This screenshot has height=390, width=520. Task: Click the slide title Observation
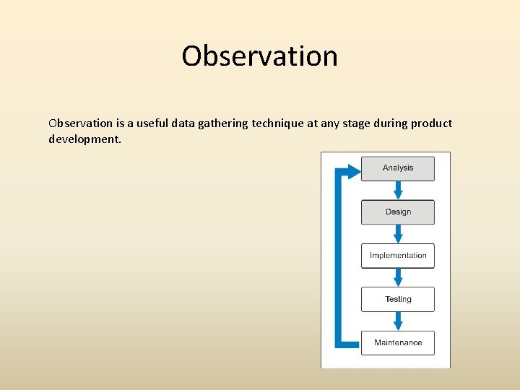pos(259,56)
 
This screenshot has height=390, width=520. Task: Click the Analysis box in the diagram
pos(398,168)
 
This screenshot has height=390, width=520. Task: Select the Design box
pos(398,212)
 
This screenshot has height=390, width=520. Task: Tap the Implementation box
pos(398,256)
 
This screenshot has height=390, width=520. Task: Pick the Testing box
pos(398,299)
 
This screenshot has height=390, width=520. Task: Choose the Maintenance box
pos(398,342)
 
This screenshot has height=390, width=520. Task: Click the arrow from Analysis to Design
pos(398,190)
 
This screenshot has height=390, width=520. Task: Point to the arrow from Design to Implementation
pos(398,234)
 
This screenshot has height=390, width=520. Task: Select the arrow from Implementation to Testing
pos(398,277)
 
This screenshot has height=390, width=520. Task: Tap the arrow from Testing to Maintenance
pos(398,321)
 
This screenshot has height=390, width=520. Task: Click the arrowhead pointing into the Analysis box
pos(352,171)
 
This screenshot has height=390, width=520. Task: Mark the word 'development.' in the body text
pos(85,139)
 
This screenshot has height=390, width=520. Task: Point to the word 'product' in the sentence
pos(431,123)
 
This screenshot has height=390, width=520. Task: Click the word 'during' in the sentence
pos(389,123)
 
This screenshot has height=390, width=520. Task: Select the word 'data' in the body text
pos(184,123)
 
